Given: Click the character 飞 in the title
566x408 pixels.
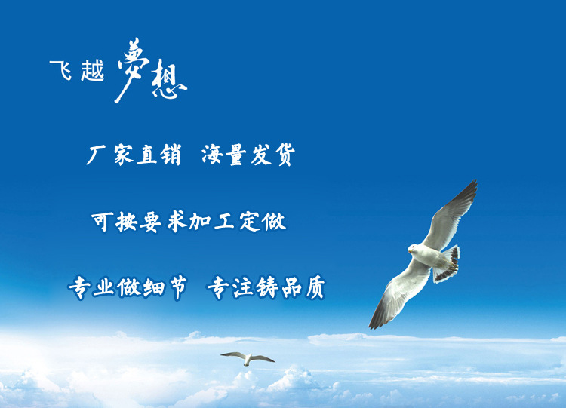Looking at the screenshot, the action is click(x=60, y=70).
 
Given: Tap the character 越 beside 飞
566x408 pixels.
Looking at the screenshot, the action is click(x=92, y=70).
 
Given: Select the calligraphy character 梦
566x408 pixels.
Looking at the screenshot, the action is click(x=132, y=70).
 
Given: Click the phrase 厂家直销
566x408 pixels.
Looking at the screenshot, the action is click(x=134, y=155).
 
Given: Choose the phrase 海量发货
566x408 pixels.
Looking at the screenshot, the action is click(x=248, y=155).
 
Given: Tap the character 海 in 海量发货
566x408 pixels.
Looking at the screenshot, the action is click(x=212, y=155).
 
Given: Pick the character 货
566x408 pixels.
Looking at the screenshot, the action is click(x=285, y=155).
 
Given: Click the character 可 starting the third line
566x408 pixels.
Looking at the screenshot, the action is click(x=103, y=222).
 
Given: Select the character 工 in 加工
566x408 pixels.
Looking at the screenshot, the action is click(x=225, y=222).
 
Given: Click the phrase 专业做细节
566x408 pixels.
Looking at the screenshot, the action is click(x=128, y=288).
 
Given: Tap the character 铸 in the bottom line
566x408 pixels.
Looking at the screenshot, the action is click(x=267, y=287).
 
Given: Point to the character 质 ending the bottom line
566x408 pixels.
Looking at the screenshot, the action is click(x=315, y=287).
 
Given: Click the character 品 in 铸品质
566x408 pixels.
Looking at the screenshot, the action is click(x=291, y=288).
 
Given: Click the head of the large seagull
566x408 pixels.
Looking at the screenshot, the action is click(x=414, y=249).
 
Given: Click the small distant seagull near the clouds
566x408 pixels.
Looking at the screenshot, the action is click(x=248, y=358).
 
